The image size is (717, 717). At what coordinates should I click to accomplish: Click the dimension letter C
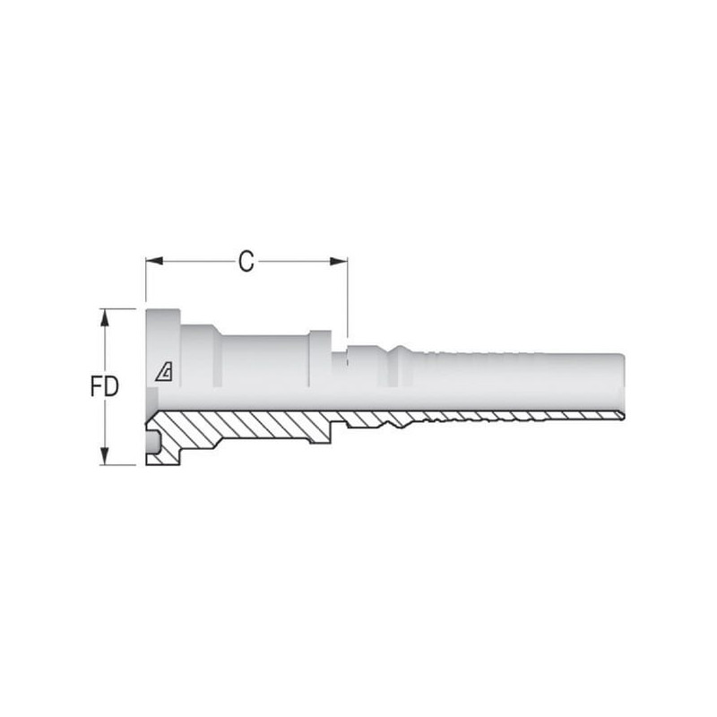point(246,262)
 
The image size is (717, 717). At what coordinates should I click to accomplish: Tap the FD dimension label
point(104,387)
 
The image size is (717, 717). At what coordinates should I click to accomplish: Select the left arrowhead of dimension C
point(154,261)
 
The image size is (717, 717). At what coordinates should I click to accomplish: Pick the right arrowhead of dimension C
point(339,261)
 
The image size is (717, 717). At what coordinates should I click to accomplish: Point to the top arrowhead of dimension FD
point(105,317)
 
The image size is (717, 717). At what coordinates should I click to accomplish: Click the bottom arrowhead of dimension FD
point(105,456)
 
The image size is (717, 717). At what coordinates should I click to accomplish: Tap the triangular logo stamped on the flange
point(164,371)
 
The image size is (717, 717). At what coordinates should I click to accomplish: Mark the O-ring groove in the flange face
point(152,442)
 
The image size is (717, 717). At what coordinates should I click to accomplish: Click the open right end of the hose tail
point(623,384)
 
